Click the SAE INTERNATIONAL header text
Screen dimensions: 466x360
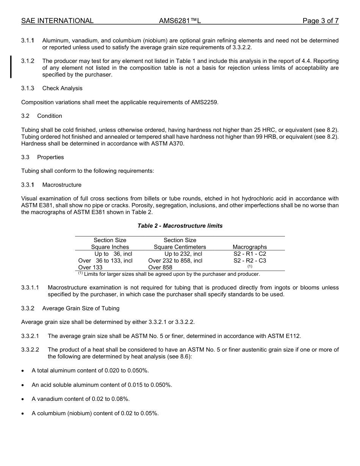point(57,21)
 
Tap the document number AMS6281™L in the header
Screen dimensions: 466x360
point(180,21)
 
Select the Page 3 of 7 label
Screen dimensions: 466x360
point(320,21)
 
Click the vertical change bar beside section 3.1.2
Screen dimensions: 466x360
point(11,67)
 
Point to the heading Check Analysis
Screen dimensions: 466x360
point(62,88)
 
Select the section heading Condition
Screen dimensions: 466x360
point(50,116)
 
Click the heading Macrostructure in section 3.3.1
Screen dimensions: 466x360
point(62,185)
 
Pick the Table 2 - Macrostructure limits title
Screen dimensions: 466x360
point(180,226)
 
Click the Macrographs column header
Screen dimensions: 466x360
point(250,247)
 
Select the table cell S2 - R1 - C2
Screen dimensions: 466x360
point(250,254)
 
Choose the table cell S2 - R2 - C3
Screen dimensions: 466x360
point(250,261)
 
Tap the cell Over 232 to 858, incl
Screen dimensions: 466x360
point(175,261)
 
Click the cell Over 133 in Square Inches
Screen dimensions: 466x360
point(90,267)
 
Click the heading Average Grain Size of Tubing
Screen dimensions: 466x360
point(81,308)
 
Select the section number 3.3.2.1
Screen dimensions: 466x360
point(30,336)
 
